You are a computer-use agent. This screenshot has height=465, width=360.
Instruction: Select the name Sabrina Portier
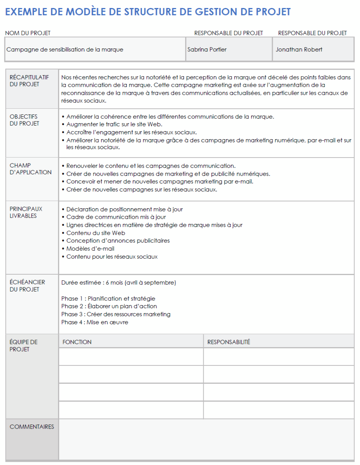(x=206, y=50)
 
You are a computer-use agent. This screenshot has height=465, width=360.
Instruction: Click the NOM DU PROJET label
(x=28, y=33)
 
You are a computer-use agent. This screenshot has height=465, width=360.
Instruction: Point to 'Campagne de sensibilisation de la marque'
(x=65, y=50)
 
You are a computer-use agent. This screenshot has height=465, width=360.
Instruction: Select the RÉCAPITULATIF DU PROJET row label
(x=24, y=81)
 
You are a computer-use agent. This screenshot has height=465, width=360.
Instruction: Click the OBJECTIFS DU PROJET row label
(x=24, y=120)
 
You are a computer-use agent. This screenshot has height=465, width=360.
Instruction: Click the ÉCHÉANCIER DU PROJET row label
(x=27, y=285)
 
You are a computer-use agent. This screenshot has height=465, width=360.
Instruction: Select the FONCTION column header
(x=77, y=342)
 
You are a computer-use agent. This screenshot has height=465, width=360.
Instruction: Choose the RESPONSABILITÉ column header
(x=229, y=342)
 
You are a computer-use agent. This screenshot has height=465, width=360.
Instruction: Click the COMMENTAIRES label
(x=32, y=427)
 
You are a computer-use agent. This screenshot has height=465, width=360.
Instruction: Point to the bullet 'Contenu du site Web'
(x=96, y=233)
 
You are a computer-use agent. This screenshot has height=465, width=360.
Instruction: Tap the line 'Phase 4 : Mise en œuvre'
(x=95, y=322)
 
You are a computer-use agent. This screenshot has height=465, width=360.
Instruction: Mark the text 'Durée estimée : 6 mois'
(x=92, y=283)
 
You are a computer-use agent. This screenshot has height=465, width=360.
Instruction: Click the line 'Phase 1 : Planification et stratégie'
(x=108, y=299)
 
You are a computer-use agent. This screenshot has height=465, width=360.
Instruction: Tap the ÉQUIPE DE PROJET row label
(x=24, y=345)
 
